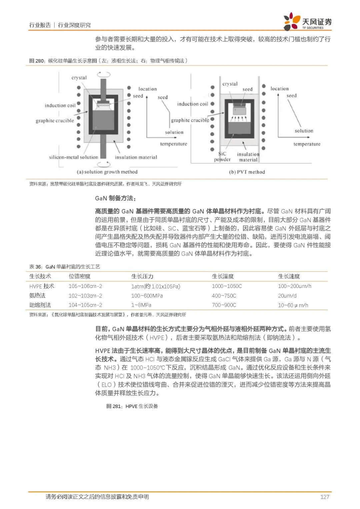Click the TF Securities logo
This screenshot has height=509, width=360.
click(307, 22)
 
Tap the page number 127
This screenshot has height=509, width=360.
click(324, 497)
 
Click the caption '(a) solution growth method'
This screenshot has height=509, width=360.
click(107, 172)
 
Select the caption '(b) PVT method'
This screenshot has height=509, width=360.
click(247, 172)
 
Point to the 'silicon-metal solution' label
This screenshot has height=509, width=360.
click(74, 157)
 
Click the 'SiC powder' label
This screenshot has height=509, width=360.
click(222, 157)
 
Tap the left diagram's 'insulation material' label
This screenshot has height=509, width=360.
click(136, 157)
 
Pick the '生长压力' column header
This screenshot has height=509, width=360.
click(142, 276)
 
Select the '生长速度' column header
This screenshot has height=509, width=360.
click(289, 276)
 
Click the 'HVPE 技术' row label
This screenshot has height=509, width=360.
click(42, 286)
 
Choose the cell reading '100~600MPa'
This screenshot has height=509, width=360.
click(147, 296)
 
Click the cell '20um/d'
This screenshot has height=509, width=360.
click(287, 296)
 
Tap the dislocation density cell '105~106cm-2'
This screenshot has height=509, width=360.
click(85, 286)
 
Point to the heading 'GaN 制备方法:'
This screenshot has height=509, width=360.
click(115, 198)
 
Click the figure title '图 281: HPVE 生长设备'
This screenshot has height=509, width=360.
click(132, 406)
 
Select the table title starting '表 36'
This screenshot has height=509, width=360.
click(65, 267)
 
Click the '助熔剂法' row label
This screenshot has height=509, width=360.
click(40, 305)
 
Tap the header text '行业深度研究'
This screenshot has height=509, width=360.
click(74, 25)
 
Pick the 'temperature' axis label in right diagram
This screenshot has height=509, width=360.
click(307, 144)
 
